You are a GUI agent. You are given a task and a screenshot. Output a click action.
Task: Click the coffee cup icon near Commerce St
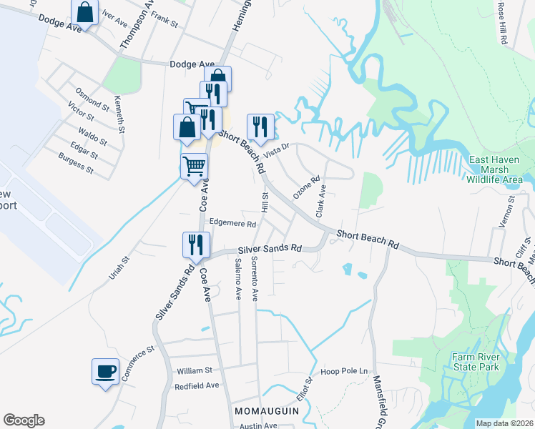(106, 372)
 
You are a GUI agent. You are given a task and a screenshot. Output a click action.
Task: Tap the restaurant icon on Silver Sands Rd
(195, 245)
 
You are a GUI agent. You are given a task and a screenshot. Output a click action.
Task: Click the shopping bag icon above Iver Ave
(84, 13)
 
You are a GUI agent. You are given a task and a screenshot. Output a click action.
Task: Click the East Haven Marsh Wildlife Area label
(499, 170)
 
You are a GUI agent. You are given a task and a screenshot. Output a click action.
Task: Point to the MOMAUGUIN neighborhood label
(262, 412)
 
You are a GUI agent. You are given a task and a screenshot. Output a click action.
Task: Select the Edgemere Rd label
(232, 224)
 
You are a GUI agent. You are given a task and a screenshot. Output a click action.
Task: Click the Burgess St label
(76, 163)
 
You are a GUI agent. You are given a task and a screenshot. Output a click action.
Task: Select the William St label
(195, 370)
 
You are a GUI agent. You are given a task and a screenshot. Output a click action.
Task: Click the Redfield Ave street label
(197, 385)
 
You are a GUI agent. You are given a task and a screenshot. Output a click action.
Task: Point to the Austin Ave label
(258, 425)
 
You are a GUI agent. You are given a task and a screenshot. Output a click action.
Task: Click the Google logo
(24, 420)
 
